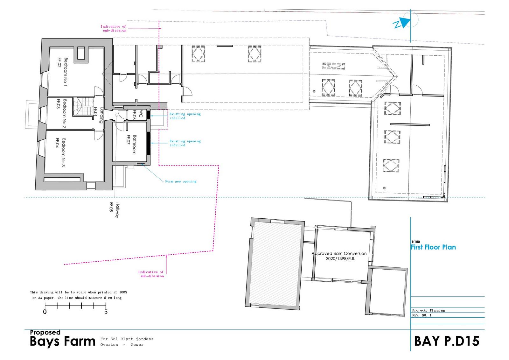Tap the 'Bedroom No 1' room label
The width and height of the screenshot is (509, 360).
63,72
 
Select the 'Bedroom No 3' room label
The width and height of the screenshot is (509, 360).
61,152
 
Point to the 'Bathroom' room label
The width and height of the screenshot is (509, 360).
132,145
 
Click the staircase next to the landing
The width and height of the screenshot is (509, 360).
84,106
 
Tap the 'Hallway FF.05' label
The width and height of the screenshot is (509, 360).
115,210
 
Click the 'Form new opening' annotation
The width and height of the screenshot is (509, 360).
181,181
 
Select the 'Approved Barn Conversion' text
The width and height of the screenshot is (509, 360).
339,253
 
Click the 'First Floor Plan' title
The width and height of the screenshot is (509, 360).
433,247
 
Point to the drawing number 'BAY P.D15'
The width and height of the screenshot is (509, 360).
447,341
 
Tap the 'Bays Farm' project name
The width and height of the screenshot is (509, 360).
62,342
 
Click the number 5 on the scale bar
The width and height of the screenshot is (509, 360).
106,312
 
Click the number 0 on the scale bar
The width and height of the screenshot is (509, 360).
45,312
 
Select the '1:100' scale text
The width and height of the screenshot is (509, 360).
415,242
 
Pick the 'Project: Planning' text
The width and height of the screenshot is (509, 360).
429,310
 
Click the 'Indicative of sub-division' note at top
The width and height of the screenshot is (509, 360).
113,28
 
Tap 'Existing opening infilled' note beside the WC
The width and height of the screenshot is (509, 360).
185,116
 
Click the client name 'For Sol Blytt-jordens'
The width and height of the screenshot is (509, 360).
127,339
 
